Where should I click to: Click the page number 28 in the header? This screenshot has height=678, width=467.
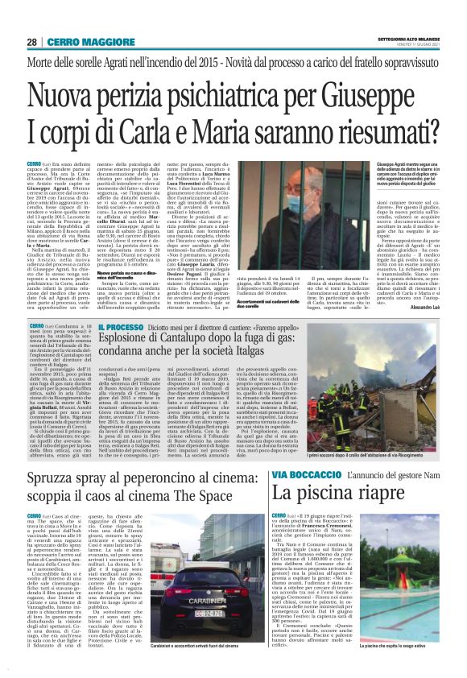point(31,41)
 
